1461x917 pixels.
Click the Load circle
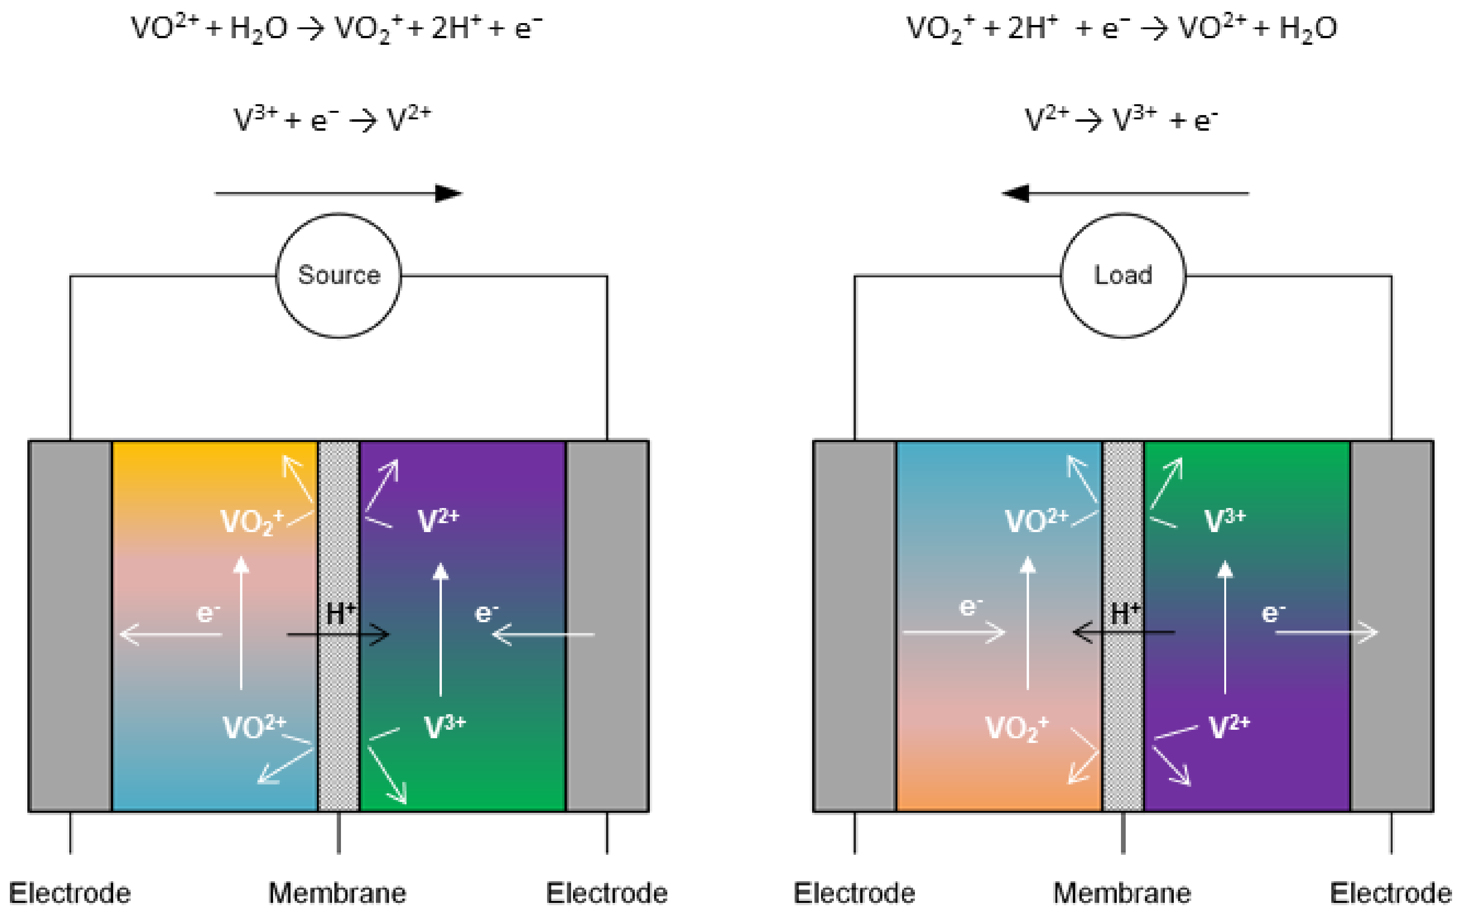tap(1123, 275)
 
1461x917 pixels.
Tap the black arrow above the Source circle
tap(338, 193)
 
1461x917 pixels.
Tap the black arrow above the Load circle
tap(1125, 193)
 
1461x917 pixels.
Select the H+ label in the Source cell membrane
tap(340, 613)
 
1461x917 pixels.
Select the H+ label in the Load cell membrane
tap(1125, 613)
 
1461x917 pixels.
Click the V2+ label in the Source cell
tap(438, 520)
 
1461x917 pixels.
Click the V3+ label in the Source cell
tap(444, 726)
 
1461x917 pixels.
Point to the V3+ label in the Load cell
tap(1224, 520)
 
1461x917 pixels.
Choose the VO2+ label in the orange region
tap(1016, 728)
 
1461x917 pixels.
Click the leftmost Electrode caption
tap(70, 893)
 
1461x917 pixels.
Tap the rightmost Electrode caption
tap(1391, 893)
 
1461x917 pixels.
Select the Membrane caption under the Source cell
tap(337, 893)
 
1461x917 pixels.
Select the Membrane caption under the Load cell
tap(1121, 893)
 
